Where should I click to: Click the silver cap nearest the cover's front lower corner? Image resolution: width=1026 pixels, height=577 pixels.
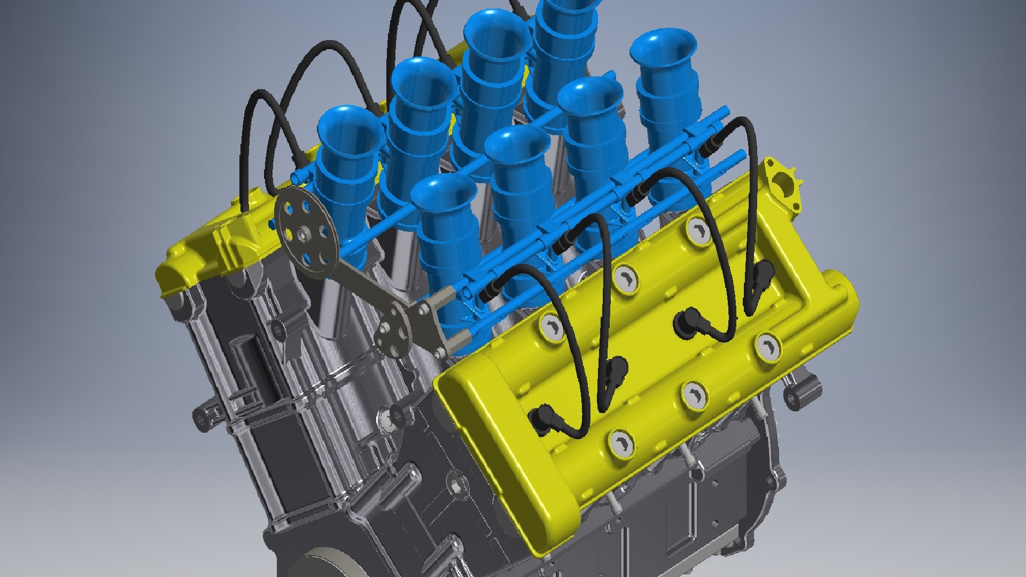pos(621,443)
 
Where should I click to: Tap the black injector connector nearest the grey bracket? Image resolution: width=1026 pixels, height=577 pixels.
pos(489,291)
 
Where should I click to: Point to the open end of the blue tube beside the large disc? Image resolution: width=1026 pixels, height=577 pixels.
pos(296,176)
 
